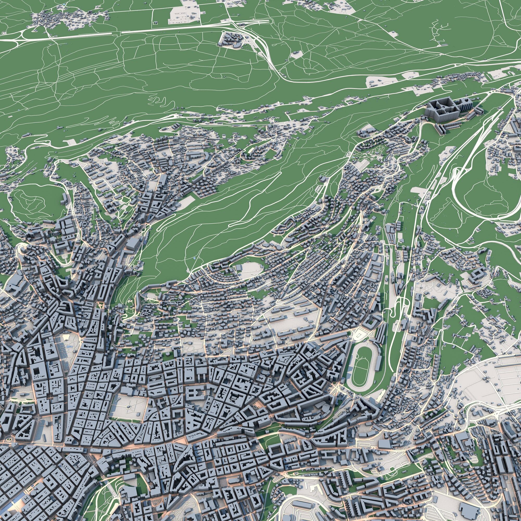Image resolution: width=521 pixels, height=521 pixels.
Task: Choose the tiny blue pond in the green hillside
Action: tap(195, 258)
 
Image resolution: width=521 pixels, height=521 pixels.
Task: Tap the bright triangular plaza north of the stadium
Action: tap(359, 335)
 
